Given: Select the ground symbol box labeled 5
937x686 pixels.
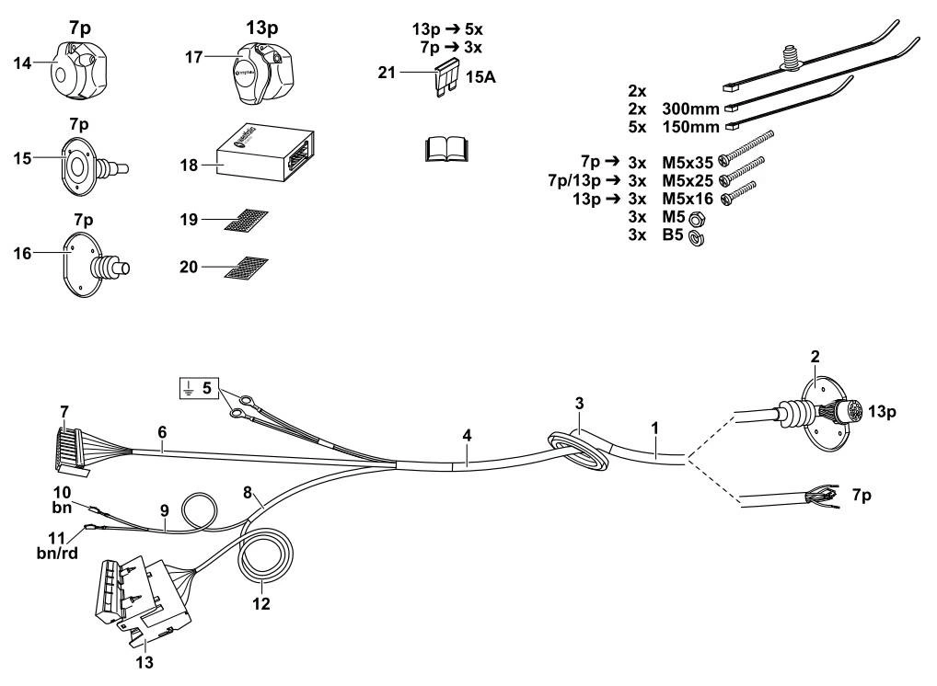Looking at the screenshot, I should point(194,388).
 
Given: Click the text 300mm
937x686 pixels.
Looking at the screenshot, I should point(690,107).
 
